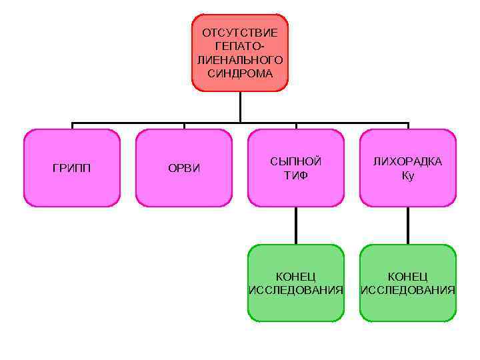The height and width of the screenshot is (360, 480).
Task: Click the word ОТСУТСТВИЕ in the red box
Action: point(240,33)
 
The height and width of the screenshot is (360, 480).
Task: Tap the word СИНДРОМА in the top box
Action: point(240,73)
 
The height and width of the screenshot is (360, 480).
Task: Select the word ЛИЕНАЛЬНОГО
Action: point(240,60)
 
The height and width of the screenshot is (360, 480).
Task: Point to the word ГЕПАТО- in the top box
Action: point(240,47)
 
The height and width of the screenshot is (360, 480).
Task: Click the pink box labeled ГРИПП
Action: point(72,168)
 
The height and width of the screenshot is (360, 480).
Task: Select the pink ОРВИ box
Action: point(184,168)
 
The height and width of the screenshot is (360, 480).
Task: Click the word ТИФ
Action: point(296,176)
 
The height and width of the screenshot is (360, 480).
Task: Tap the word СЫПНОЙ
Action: point(296,162)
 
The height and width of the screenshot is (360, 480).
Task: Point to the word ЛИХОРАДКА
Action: point(408,162)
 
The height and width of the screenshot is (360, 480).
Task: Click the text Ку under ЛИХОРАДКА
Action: point(408,176)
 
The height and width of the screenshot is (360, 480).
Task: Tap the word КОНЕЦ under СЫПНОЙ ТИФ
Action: point(296,276)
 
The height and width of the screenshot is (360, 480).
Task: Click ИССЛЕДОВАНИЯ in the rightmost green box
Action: point(408,290)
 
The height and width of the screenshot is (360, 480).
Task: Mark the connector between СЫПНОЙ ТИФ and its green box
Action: point(296,225)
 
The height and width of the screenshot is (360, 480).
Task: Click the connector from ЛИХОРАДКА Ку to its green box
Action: point(408,225)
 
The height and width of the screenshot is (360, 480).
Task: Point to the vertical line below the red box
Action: point(240,107)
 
